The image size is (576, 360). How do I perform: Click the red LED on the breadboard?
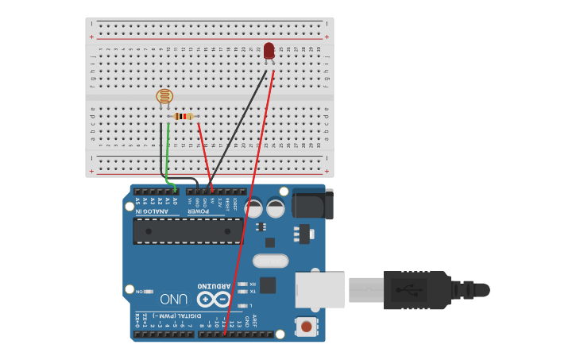269,51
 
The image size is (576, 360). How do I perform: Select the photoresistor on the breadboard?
164,97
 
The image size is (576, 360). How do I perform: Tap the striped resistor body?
184,117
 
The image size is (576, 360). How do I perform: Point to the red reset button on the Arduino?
306,326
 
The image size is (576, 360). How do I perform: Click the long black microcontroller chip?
187,230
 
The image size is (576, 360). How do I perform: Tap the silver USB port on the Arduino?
319,290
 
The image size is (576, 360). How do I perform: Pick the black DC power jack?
311,203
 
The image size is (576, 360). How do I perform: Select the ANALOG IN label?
151,211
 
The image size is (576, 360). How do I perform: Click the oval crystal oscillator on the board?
270,261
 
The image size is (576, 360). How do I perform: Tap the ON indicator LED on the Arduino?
149,292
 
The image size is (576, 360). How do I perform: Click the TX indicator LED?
242,292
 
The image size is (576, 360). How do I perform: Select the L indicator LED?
242,305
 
